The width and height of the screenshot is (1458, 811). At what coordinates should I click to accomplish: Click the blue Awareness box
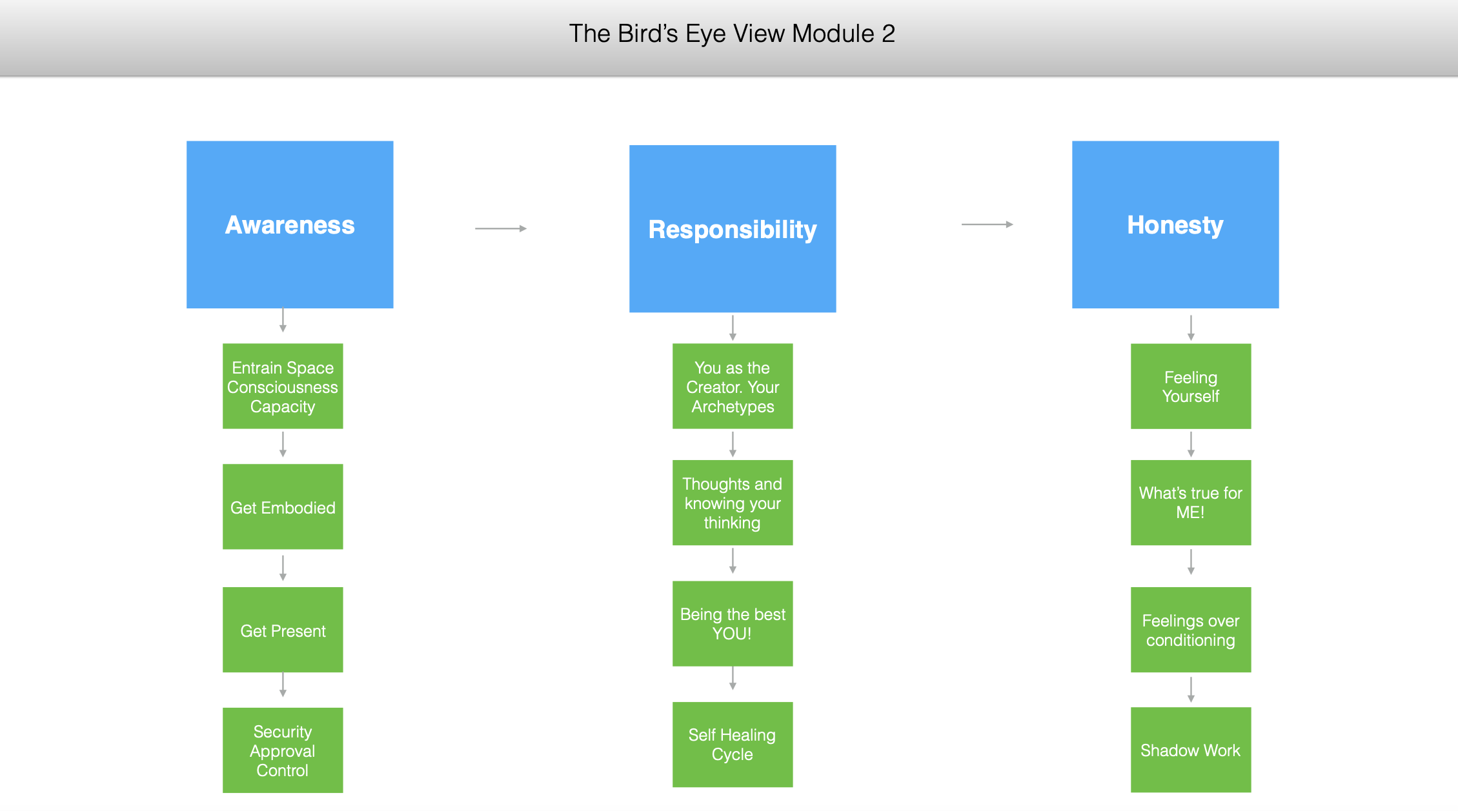[x=290, y=225]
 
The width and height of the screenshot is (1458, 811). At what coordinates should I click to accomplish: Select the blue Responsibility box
[x=733, y=229]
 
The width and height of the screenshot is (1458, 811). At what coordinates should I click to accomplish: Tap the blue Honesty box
[x=1175, y=225]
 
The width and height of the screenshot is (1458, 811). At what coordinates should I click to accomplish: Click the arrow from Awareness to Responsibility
[x=501, y=228]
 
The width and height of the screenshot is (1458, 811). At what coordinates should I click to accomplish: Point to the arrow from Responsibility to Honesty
[x=987, y=225]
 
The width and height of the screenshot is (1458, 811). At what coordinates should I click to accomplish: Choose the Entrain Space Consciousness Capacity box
[x=283, y=386]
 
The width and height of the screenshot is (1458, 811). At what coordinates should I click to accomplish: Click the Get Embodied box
[x=283, y=506]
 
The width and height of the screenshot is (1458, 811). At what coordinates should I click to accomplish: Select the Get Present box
[x=283, y=630]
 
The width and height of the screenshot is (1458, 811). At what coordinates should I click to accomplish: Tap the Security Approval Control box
[x=283, y=750]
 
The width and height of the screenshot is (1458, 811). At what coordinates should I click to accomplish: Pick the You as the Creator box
[x=733, y=386]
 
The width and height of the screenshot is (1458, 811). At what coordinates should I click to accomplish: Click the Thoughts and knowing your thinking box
[x=733, y=503]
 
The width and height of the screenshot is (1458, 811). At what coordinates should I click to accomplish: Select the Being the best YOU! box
[x=733, y=624]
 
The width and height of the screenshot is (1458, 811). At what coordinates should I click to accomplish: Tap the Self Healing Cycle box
[x=733, y=745]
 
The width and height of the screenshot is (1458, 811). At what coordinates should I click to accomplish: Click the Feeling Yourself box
[x=1191, y=386]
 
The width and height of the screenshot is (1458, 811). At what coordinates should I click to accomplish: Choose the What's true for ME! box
[x=1191, y=503]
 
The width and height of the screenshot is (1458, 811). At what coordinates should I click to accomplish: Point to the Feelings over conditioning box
[x=1191, y=630]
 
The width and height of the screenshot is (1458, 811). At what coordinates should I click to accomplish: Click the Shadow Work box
[x=1191, y=750]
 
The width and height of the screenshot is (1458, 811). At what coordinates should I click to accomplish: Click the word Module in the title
[x=833, y=34]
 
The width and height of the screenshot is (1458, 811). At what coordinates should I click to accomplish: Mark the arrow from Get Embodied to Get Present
[x=283, y=568]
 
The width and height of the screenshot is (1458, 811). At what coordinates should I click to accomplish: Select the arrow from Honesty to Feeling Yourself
[x=1191, y=328]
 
